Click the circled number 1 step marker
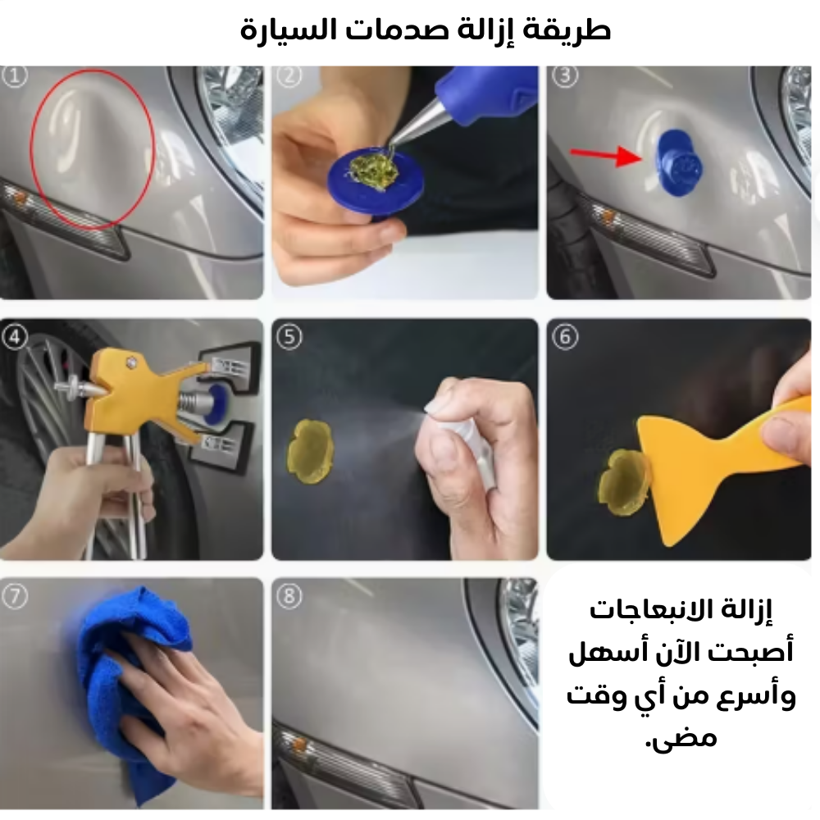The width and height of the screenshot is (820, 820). [x=15, y=76]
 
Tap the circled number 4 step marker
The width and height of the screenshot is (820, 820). [x=15, y=337]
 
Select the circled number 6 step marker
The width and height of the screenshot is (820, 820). [x=565, y=337]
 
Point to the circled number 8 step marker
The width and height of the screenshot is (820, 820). [x=289, y=596]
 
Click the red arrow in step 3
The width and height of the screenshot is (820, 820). [x=606, y=155]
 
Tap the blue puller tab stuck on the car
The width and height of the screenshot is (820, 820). [x=679, y=160]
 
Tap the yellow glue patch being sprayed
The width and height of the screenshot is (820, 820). [x=309, y=451]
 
